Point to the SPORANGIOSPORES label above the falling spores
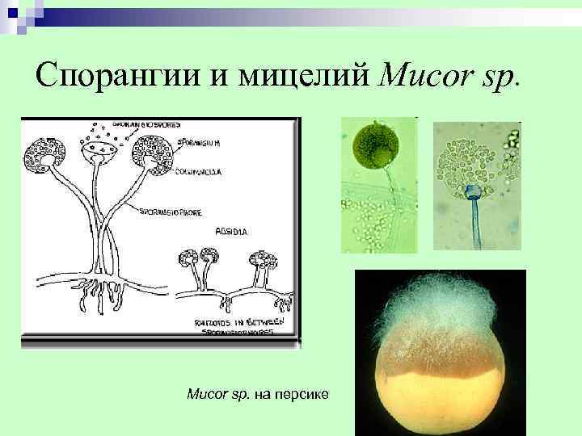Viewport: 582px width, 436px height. (x=146, y=125)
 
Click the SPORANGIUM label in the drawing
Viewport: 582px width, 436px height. (x=197, y=143)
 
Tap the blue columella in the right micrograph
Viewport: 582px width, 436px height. (x=473, y=192)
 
